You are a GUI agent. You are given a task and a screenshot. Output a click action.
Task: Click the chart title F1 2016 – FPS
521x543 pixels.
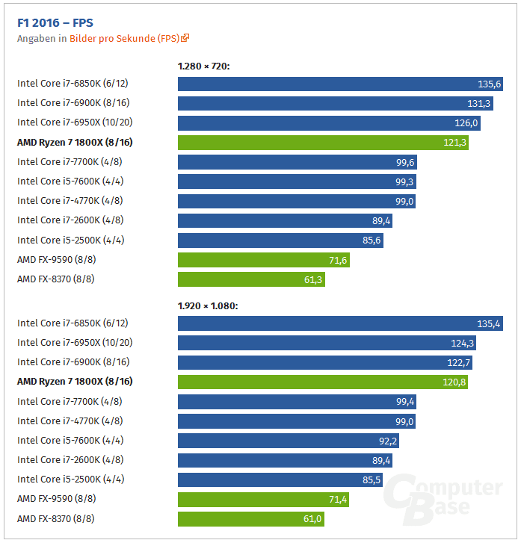[x=55, y=22]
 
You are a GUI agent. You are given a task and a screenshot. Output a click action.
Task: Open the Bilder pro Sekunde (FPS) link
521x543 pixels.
[x=125, y=38]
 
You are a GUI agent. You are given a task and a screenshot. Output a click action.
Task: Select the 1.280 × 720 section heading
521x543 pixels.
[x=203, y=66]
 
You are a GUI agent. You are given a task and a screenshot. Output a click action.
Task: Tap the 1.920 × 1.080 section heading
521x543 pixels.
[x=208, y=305]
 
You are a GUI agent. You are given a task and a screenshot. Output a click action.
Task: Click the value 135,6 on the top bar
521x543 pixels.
[x=490, y=84]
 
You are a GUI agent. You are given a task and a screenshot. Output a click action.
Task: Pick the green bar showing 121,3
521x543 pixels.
[x=323, y=142]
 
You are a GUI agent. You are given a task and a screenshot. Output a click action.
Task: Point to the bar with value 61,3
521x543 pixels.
[x=251, y=279]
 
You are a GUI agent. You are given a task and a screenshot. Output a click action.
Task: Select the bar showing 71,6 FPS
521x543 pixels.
[x=264, y=260]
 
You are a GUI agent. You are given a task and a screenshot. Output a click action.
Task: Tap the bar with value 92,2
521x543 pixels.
[x=289, y=441]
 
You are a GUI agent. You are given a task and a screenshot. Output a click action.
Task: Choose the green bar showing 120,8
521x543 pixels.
[x=323, y=382]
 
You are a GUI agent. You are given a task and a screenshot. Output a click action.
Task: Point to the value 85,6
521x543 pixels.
[x=372, y=241]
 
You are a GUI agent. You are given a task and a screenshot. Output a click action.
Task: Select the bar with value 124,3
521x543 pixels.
[x=327, y=343]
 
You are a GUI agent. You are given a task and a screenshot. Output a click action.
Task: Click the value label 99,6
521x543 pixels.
[x=405, y=162]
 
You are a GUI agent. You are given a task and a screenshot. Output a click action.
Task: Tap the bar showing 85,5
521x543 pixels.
[x=280, y=480]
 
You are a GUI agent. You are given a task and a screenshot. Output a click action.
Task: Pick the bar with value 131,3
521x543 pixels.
[x=336, y=103]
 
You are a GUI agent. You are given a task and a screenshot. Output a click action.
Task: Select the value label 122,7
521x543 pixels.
[x=460, y=362]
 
